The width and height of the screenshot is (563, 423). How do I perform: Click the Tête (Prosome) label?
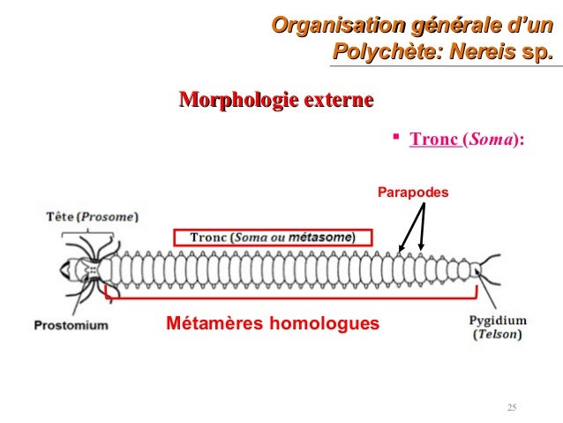86,215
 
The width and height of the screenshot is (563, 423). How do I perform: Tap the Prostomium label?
71,325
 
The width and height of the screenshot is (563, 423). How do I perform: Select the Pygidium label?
499,320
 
